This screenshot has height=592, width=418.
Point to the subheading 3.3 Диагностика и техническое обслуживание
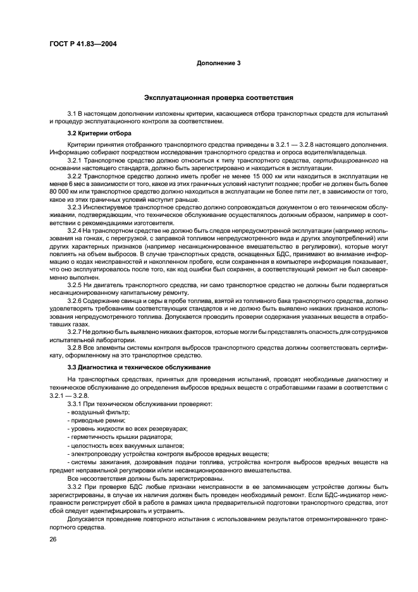pyautogui.click(x=138, y=367)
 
